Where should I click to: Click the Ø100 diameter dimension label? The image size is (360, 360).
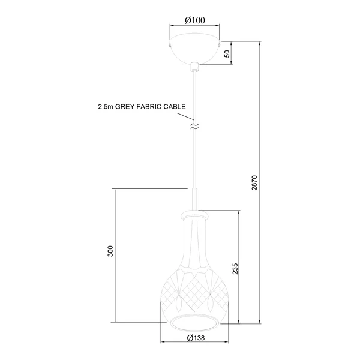[195, 20]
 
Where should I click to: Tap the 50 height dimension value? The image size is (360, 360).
[227, 54]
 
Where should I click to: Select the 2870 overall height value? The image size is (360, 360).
[254, 183]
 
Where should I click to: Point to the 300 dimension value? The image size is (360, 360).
[110, 251]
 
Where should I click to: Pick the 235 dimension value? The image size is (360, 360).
[235, 269]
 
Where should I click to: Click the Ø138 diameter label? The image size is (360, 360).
[196, 338]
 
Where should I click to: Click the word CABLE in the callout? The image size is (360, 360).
[175, 107]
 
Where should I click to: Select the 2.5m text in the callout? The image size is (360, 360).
[106, 107]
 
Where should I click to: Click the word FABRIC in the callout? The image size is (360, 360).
[149, 107]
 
